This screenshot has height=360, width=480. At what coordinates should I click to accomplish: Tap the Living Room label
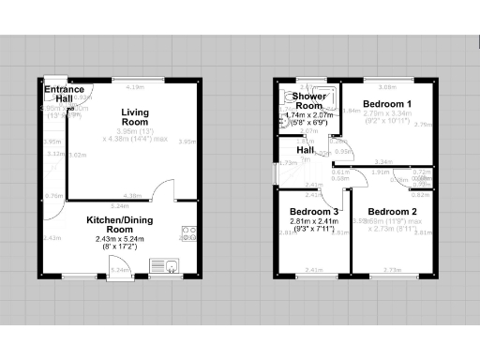click(x=135, y=117)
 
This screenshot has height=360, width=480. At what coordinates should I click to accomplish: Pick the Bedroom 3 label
click(x=312, y=212)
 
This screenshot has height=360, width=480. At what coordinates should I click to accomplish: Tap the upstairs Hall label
click(x=306, y=150)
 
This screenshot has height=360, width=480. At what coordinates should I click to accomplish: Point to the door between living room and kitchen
click(x=162, y=192)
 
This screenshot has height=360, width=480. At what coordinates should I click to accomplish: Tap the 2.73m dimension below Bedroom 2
click(x=394, y=270)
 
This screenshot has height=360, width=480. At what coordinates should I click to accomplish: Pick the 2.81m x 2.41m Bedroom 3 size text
click(x=312, y=224)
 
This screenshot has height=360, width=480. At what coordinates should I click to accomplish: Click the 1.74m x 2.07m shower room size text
click(x=310, y=115)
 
